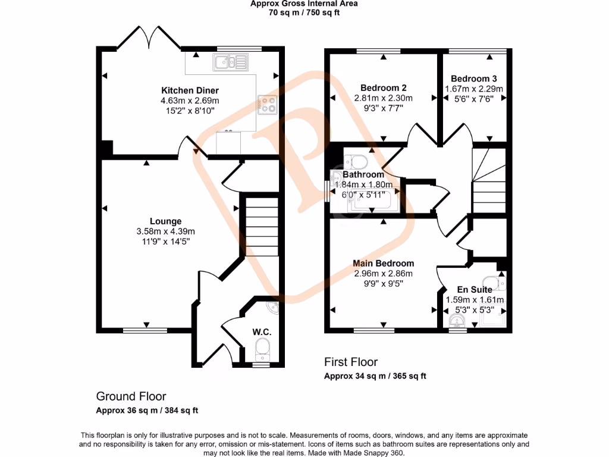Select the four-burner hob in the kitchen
(267, 105)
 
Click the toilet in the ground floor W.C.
(262, 347)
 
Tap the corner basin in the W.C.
(272, 308)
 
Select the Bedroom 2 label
(383, 87)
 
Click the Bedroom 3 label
(474, 79)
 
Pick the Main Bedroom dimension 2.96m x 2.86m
(383, 274)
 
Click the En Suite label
(474, 290)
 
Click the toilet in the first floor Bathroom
(357, 161)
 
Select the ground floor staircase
(262, 226)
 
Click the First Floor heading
(351, 362)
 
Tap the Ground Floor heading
(131, 396)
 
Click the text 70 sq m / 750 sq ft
(303, 12)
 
